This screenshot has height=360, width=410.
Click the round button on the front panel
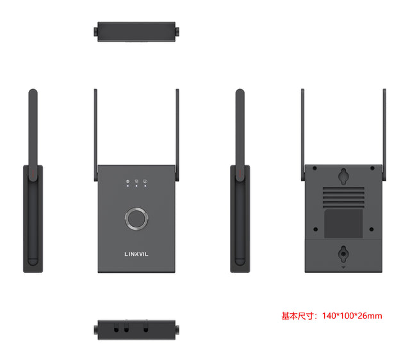click(136, 218)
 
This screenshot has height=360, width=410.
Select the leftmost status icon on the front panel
click(127, 181)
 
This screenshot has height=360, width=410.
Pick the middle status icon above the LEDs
click(136, 181)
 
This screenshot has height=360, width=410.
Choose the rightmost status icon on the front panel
click(145, 181)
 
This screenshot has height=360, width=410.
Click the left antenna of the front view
click(96, 128)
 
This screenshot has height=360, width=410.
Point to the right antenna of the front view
click(177, 128)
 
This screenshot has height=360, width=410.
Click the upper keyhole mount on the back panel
click(343, 174)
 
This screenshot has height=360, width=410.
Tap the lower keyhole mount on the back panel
click(343, 254)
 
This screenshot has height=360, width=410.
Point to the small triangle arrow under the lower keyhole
click(343, 268)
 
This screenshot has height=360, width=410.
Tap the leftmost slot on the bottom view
click(117, 328)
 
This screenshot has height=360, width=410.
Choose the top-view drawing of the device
click(136, 31)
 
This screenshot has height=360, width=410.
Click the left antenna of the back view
click(303, 128)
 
